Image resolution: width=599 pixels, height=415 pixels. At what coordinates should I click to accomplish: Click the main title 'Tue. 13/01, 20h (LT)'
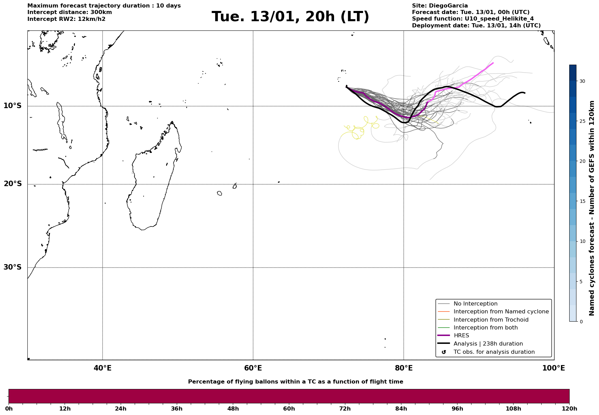[x=290, y=17]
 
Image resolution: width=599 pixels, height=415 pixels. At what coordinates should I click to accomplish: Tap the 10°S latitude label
[x=13, y=106]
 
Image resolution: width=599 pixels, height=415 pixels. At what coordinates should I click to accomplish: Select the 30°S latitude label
[x=13, y=267]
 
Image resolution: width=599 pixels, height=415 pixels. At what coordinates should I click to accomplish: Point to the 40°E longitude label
[x=103, y=368]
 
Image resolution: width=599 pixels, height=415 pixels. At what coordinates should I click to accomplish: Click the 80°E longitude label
[x=403, y=368]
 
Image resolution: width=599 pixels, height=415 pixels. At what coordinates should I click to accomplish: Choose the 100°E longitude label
[x=554, y=368]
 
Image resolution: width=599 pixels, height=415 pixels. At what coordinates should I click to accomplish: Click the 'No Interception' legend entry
[x=475, y=304]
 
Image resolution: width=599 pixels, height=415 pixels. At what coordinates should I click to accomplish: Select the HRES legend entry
[x=461, y=336]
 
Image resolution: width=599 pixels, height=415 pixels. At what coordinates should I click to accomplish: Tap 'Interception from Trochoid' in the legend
[x=491, y=320]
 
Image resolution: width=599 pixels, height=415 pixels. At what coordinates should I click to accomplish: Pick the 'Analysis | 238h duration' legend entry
[x=488, y=344]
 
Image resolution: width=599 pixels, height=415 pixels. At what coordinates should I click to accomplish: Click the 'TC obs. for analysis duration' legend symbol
[x=444, y=352]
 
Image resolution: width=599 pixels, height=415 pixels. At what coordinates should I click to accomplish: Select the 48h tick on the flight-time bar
[x=233, y=408]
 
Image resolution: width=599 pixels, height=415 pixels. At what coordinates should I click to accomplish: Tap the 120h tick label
[x=569, y=408]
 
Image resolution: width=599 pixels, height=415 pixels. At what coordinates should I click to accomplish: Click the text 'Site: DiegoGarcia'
[x=440, y=6]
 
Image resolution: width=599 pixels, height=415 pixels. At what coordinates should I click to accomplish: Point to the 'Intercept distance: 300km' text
[x=70, y=12]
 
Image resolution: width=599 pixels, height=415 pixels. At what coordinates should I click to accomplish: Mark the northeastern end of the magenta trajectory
[x=493, y=63]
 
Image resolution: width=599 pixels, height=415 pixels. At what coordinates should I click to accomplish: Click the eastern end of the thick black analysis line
[x=524, y=93]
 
